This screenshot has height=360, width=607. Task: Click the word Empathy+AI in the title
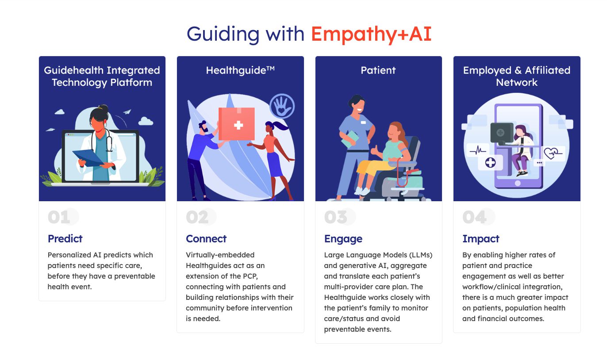click(x=371, y=34)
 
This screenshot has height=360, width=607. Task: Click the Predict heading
click(x=65, y=239)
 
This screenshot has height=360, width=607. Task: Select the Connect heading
click(x=206, y=239)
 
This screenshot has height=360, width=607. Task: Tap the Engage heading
click(x=343, y=239)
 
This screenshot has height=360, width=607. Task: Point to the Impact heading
click(x=481, y=239)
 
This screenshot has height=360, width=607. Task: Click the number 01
click(x=59, y=217)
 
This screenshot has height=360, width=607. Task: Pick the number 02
click(x=197, y=217)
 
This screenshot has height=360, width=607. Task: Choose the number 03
click(x=336, y=217)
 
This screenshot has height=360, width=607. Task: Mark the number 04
click(x=474, y=217)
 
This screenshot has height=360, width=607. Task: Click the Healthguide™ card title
click(x=240, y=70)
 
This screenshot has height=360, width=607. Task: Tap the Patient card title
click(x=378, y=70)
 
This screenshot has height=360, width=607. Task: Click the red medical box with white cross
click(x=237, y=124)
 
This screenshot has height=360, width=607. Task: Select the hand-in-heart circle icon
click(x=282, y=106)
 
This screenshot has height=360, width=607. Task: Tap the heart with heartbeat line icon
click(x=553, y=153)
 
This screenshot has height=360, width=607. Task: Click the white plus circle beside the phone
click(x=490, y=163)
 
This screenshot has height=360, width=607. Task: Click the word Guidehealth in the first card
click(x=73, y=70)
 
